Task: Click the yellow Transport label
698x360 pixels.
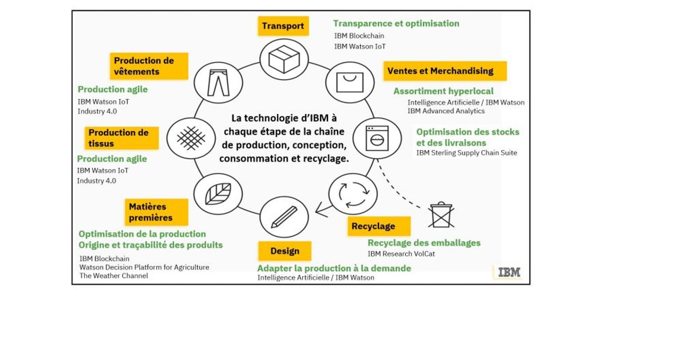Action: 283,26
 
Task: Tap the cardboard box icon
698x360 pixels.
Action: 284,59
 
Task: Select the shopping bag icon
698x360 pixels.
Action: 350,83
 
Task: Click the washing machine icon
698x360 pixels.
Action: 377,138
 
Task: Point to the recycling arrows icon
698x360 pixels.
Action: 353,194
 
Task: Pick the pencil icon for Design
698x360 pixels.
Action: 284,217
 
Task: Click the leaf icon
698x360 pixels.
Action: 218,194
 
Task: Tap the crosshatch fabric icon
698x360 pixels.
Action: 191,138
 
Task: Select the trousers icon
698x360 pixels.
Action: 218,83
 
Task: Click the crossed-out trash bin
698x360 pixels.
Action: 441,215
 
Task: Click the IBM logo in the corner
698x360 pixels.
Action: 509,272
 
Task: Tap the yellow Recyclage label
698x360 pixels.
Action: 379,226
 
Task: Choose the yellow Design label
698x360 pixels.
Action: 285,251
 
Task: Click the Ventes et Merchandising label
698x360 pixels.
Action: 445,71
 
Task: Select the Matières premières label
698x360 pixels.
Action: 156,212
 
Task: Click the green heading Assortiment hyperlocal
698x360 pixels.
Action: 443,91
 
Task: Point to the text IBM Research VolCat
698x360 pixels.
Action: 401,254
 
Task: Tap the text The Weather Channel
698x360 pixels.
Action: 113,276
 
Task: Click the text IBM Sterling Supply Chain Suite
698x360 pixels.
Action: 466,153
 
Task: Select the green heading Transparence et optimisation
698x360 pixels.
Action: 396,24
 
